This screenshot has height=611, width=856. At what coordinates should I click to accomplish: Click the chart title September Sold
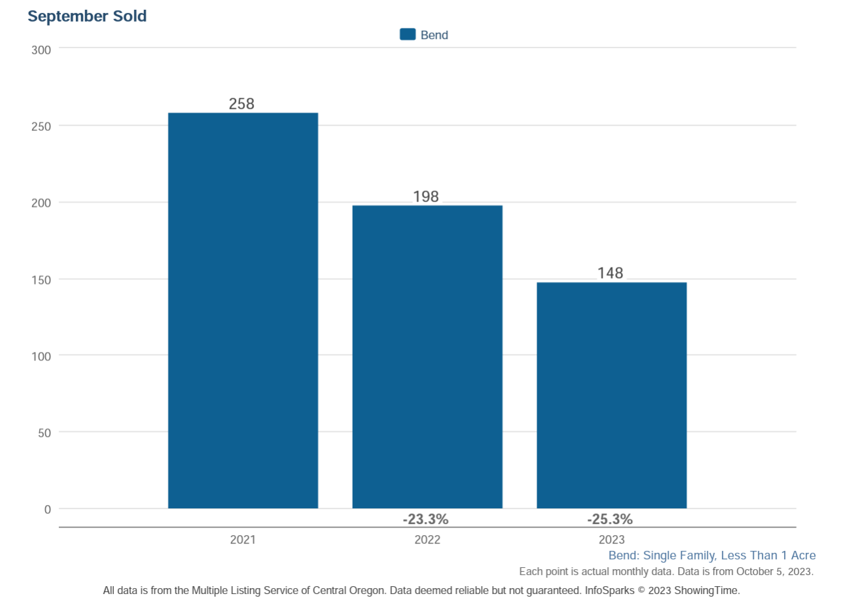[x=87, y=16]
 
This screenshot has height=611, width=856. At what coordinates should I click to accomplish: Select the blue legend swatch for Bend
[x=408, y=35]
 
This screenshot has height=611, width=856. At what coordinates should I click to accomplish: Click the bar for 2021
[x=243, y=311]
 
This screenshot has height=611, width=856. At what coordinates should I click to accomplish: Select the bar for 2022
[x=427, y=357]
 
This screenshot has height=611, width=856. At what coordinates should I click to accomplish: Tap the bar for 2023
[x=611, y=395]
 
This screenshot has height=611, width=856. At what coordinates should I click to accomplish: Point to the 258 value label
[x=241, y=103]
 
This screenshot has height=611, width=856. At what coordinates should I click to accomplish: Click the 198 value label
[x=426, y=196]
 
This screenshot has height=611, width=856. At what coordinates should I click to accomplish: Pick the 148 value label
[x=610, y=273]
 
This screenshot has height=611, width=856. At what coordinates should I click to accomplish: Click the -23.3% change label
[x=425, y=519]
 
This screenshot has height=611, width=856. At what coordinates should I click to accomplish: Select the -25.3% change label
[x=610, y=519]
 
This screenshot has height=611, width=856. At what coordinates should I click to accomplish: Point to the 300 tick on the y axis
[x=41, y=50]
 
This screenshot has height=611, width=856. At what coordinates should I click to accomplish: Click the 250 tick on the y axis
[x=41, y=127]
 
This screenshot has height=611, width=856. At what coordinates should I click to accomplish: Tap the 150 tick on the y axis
[x=41, y=280]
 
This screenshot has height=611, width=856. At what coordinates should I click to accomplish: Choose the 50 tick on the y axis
[x=44, y=433]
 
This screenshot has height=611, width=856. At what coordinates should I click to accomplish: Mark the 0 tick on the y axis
[x=47, y=510]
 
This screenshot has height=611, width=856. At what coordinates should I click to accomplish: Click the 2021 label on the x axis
[x=243, y=540]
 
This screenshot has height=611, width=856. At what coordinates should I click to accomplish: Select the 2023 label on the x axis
[x=611, y=540]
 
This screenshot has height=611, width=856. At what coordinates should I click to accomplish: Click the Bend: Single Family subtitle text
[x=712, y=555]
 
